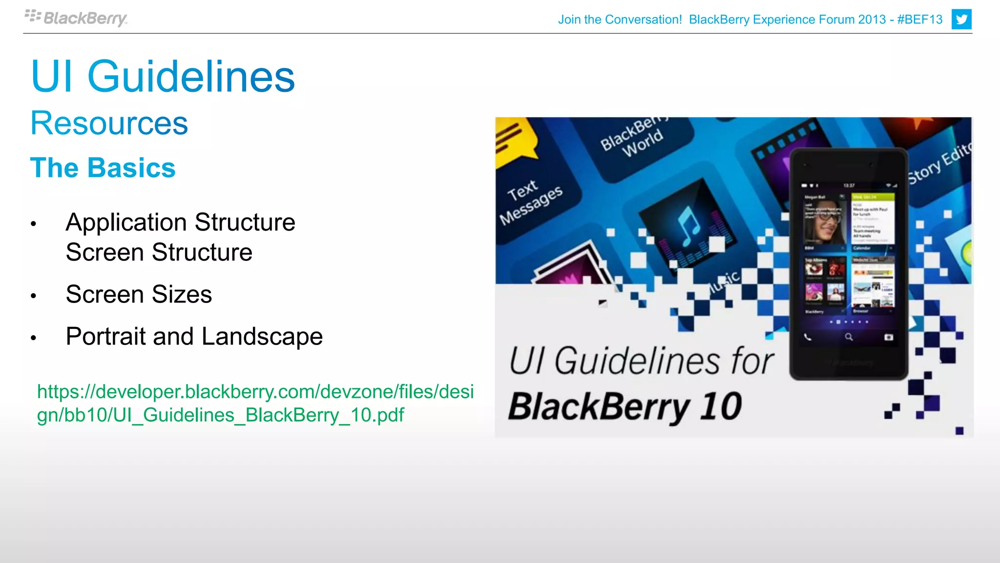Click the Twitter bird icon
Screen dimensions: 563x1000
point(961,20)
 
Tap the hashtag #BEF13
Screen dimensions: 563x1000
point(920,20)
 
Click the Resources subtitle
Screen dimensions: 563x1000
point(109,123)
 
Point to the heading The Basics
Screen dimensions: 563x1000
point(103,168)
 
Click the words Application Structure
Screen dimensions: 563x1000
point(180,222)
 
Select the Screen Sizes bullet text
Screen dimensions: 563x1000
point(139,294)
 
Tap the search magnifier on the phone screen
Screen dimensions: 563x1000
point(849,337)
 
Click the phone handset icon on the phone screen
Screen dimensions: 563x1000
point(808,337)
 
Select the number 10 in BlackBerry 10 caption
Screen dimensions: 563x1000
point(720,407)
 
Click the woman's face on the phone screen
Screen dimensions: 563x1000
point(825,223)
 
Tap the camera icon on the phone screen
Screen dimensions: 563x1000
point(889,337)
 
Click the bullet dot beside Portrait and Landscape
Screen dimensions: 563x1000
point(33,338)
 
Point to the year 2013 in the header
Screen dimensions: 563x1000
point(872,20)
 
